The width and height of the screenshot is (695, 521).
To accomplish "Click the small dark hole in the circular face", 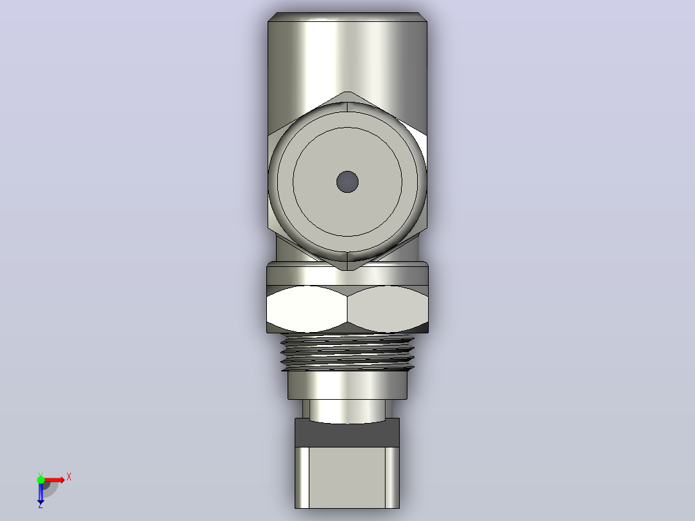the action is [x=347, y=182].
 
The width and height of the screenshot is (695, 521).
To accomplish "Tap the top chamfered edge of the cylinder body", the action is [x=347, y=17].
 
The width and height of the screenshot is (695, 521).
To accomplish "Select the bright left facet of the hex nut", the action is [x=307, y=309].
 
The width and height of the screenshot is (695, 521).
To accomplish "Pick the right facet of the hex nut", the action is [x=388, y=309].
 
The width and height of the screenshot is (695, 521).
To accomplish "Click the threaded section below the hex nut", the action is [x=347, y=353].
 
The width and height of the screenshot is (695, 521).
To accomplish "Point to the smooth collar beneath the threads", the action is [x=347, y=386].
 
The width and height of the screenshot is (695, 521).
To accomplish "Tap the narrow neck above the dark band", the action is [x=347, y=410].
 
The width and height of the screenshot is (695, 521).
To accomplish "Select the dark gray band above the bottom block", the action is [x=347, y=433].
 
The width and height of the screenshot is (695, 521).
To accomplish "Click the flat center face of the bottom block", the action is [x=347, y=478].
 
